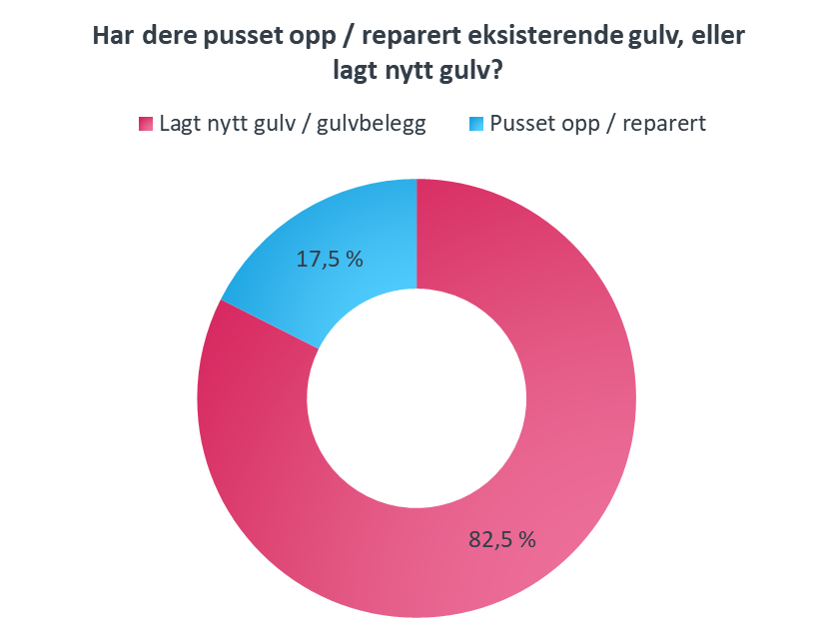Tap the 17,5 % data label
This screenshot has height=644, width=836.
[330, 259]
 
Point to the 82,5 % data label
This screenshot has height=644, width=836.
[502, 539]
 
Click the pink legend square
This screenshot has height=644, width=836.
[146, 124]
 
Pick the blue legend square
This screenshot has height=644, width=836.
[476, 124]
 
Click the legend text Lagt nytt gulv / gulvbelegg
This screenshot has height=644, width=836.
[293, 124]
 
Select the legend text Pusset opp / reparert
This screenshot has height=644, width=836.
[597, 124]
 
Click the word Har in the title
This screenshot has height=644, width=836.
[113, 36]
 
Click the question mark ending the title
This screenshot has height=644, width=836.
[495, 70]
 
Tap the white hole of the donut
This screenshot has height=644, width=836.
[417, 398]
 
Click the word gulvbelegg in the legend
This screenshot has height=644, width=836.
[372, 124]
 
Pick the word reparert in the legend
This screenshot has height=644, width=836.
[664, 125]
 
